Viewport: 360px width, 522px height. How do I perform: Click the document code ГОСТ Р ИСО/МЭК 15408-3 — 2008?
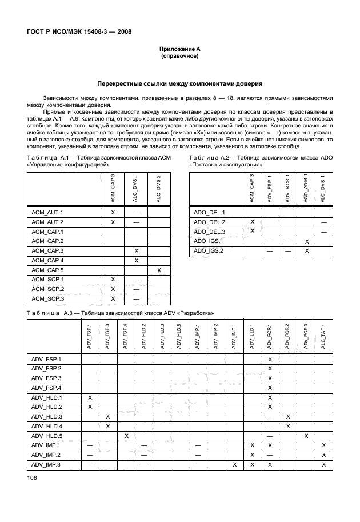79,31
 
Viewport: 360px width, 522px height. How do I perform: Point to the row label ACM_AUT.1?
47,212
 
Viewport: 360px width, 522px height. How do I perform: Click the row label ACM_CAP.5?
47,270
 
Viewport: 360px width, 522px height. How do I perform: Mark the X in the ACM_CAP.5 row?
159,270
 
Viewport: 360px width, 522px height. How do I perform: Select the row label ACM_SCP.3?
47,299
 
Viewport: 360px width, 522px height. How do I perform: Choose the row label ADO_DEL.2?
210,221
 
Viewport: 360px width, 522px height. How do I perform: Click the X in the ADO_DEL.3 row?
252,231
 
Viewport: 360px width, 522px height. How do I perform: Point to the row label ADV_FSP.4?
47,388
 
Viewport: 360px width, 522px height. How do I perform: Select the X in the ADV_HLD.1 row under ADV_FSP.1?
89,397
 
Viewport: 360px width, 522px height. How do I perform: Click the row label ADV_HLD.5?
47,436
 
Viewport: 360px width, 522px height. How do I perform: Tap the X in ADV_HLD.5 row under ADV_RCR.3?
306,436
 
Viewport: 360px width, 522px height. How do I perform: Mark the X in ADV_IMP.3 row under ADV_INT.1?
234,465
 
